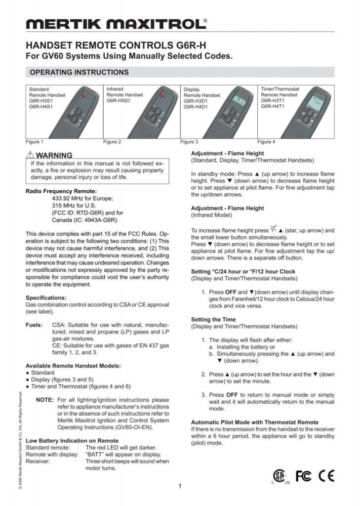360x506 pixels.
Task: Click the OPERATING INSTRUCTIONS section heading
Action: click(79, 72)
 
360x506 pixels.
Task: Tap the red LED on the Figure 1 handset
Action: click(83, 95)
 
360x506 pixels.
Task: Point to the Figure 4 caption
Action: click(267, 142)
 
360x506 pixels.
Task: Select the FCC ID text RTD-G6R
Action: click(88, 213)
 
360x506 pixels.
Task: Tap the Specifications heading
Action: click(45, 298)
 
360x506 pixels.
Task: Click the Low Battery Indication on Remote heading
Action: click(72, 440)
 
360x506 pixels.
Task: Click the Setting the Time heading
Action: click(213, 319)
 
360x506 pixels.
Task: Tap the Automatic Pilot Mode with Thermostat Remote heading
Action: click(254, 422)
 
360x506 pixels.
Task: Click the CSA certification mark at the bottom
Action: click(280, 475)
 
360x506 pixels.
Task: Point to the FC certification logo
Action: click(304, 475)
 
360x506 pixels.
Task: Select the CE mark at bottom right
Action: click(326, 475)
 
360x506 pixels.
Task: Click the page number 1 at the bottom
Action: click(180, 486)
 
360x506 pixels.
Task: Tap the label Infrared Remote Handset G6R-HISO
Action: click(124, 94)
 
